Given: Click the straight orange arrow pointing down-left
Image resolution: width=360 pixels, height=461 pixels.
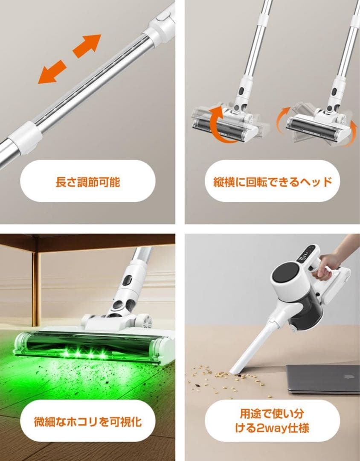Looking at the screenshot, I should pos(52,72).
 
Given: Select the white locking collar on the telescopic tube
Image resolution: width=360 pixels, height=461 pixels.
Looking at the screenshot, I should pos(26,137).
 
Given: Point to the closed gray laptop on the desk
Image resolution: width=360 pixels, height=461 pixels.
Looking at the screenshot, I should pos(322,379).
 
